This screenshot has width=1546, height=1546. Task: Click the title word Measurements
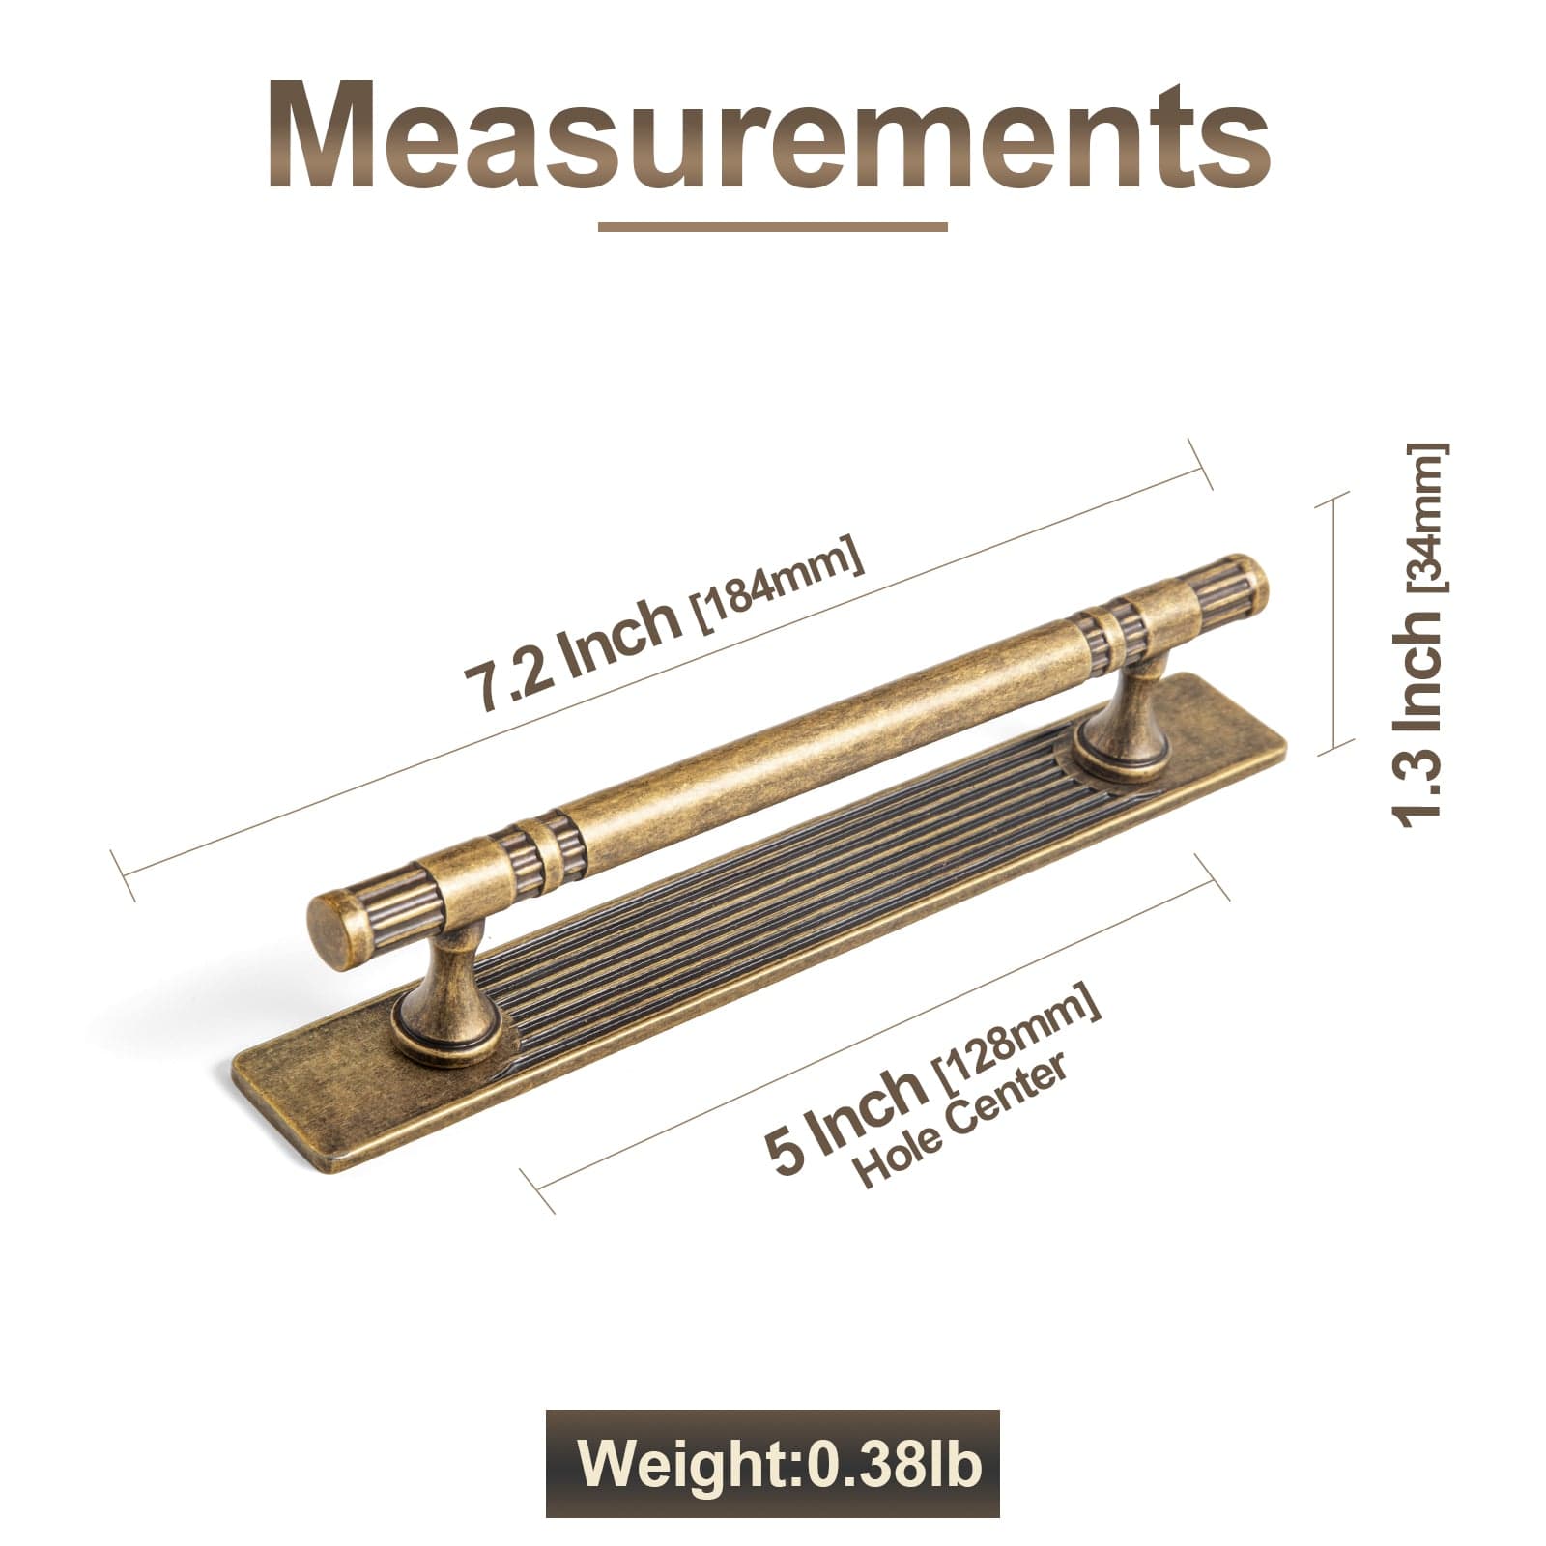click(768, 135)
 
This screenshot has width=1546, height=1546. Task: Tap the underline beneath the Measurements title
click(772, 228)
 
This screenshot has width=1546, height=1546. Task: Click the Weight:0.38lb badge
click(772, 1464)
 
